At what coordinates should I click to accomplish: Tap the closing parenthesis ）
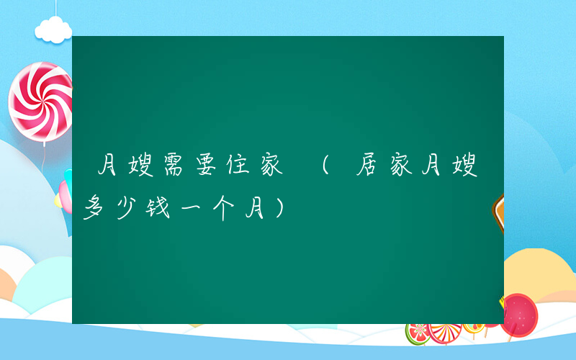[277, 209]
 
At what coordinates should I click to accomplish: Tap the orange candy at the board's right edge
[498, 212]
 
